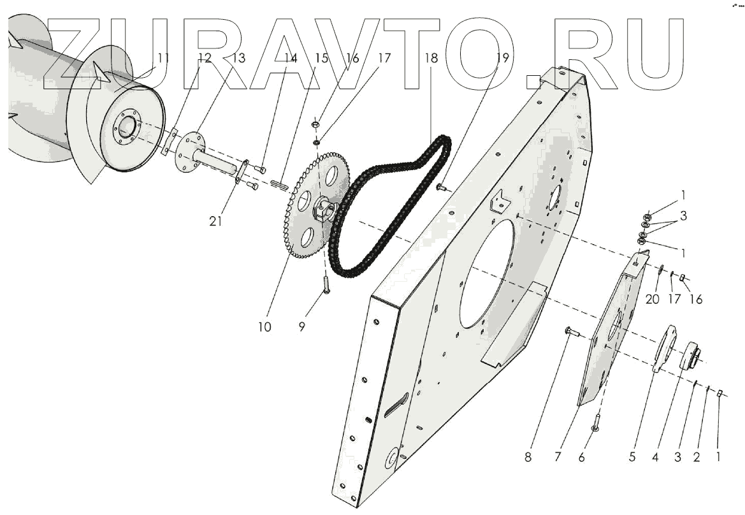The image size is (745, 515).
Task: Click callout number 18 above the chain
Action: tap(431, 58)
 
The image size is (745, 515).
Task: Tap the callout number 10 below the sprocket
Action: tap(264, 327)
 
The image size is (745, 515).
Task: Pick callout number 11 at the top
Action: tap(164, 58)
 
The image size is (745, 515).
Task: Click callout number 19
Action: tap(503, 58)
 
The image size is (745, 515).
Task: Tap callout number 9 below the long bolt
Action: tap(302, 327)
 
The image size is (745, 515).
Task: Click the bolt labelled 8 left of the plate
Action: tap(569, 331)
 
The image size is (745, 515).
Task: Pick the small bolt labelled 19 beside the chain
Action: tap(440, 187)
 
